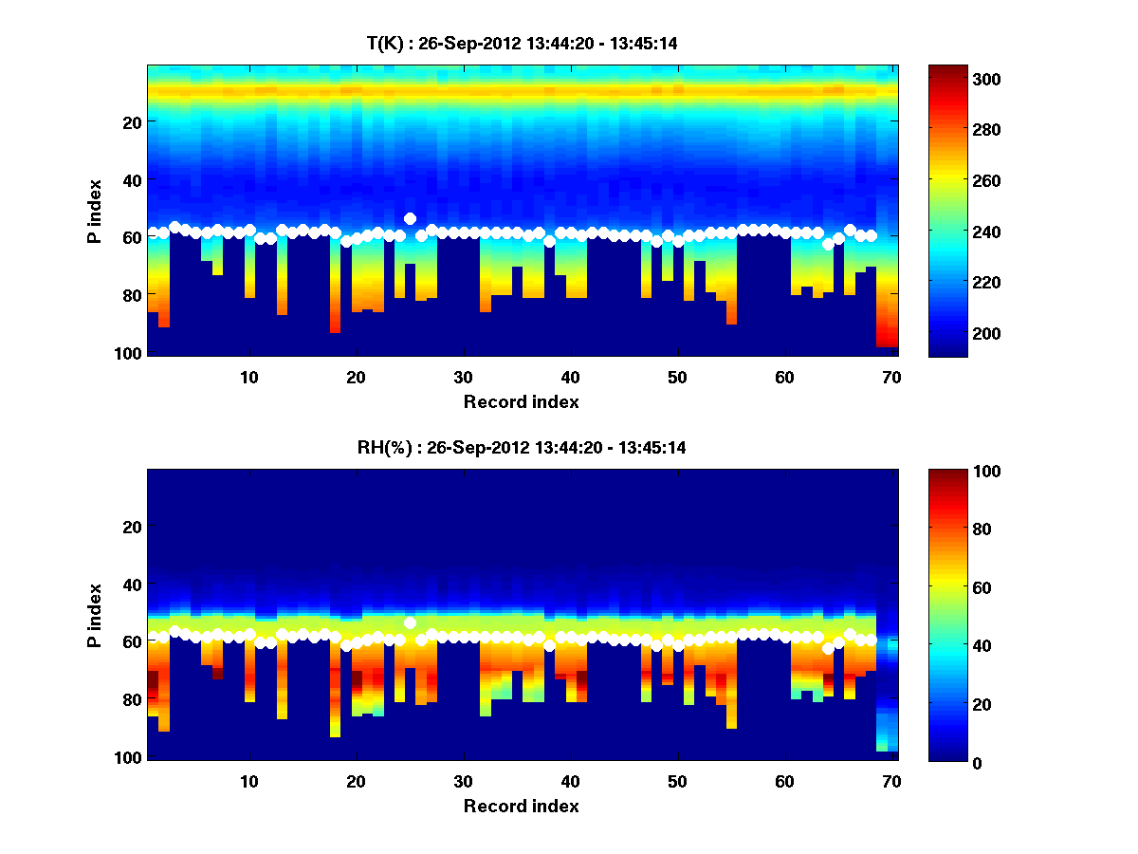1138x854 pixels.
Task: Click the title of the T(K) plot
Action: [522, 43]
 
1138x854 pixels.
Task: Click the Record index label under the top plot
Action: [521, 401]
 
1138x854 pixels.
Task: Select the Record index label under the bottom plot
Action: [521, 806]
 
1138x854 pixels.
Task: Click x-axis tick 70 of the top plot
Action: [891, 377]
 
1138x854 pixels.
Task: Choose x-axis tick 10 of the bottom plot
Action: [248, 781]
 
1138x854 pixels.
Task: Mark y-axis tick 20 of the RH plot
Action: [133, 527]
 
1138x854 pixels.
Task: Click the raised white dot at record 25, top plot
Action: [410, 218]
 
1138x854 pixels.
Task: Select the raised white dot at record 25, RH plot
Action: [410, 622]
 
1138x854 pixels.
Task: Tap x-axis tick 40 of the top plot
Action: [570, 377]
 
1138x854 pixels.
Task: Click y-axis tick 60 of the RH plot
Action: [133, 642]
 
